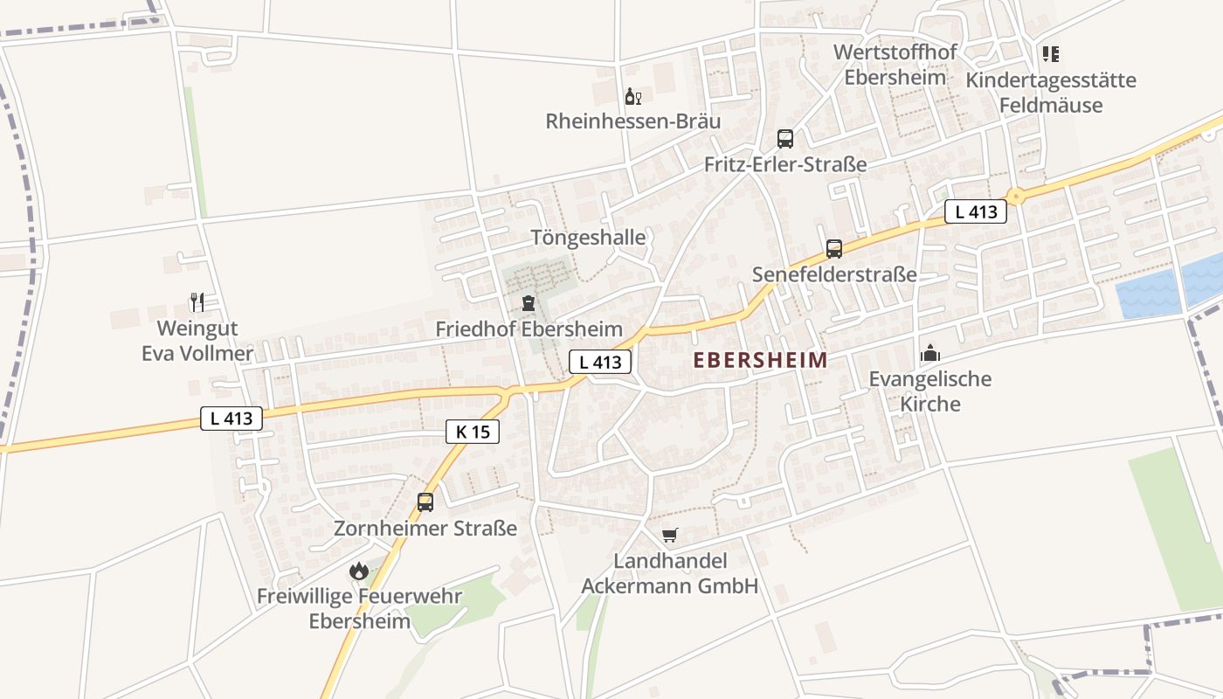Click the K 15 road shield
click(473, 431)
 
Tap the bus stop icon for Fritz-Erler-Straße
click(785, 138)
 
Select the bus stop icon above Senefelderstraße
click(834, 248)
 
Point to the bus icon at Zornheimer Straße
click(425, 502)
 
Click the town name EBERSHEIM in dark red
click(760, 360)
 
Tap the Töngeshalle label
click(588, 238)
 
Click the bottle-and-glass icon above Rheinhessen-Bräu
click(632, 96)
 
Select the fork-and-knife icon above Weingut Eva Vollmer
click(197, 302)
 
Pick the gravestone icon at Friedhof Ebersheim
click(528, 303)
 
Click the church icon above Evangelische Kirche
click(930, 353)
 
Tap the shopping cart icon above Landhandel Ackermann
click(670, 535)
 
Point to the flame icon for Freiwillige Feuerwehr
click(359, 571)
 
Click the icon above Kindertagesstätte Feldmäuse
click(1051, 54)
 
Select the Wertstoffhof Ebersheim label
click(895, 64)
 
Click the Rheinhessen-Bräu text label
click(633, 121)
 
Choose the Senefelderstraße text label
click(834, 274)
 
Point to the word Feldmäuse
click(1051, 106)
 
